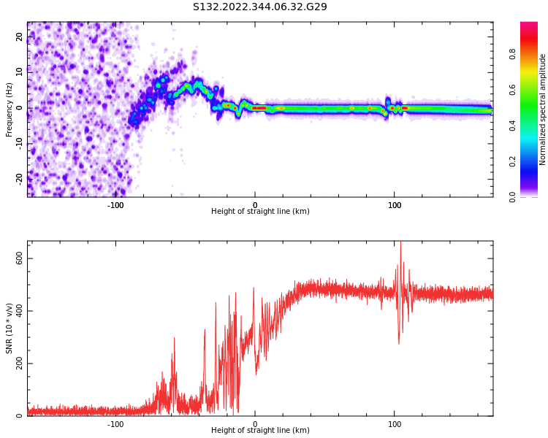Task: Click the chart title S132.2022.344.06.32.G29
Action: click(260, 7)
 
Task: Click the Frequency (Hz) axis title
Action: click(9, 109)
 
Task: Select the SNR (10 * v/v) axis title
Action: click(9, 328)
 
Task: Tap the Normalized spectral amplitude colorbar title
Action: click(543, 109)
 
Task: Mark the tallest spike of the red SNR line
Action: click(400, 242)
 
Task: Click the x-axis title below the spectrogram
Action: click(260, 212)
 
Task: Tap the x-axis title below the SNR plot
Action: click(260, 431)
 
